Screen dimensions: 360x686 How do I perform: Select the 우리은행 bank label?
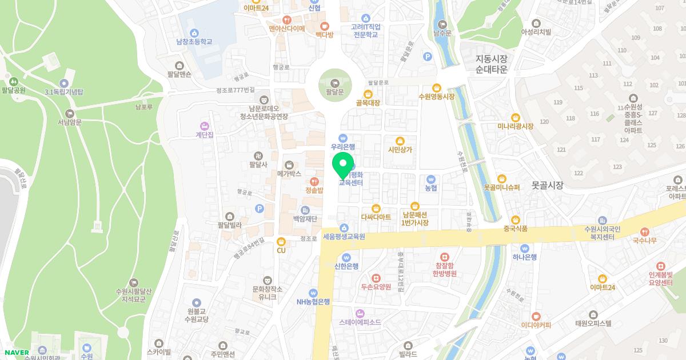point(343,147)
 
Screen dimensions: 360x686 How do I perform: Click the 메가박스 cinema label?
point(289,173)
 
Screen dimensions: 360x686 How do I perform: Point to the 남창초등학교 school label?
point(194,42)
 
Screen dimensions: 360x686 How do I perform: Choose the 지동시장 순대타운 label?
point(492,63)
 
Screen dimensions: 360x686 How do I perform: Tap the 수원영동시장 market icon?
point(437,87)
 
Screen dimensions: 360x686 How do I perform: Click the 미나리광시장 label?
point(515,126)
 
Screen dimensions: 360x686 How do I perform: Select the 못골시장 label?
point(547,185)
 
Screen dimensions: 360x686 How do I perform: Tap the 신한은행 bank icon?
point(346,257)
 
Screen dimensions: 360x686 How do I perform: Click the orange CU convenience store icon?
point(281,241)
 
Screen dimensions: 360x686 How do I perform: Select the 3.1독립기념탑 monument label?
point(64,92)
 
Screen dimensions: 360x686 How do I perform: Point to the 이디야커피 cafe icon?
point(536,316)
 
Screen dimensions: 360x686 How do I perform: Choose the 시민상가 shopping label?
point(400,150)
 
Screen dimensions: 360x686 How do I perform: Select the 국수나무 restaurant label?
point(645,241)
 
